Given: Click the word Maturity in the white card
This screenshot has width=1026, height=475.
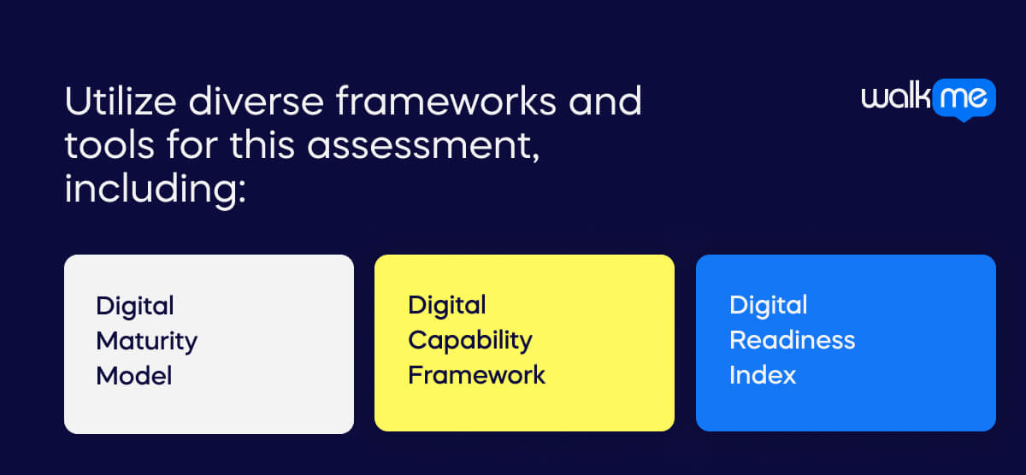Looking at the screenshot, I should (146, 341).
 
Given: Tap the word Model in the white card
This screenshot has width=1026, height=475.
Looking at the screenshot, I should (134, 376).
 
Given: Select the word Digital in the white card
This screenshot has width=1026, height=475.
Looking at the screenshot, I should (135, 306).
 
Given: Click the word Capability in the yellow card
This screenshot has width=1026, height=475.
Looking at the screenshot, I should (469, 340).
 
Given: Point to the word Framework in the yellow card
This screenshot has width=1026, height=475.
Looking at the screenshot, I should (476, 375).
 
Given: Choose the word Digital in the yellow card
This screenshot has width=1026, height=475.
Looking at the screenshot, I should (447, 305).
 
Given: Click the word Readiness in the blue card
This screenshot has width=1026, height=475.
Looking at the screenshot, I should (792, 340).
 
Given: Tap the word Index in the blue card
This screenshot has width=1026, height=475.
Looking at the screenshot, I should (763, 375).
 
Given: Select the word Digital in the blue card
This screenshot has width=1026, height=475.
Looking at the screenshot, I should (768, 305).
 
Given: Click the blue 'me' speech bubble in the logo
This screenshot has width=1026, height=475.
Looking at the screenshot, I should (963, 99).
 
